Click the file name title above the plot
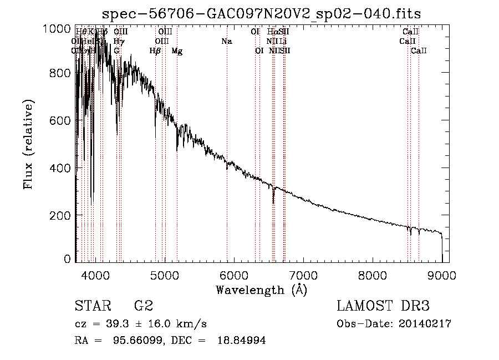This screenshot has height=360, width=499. [262, 14]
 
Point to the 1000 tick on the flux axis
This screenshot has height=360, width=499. [57, 28]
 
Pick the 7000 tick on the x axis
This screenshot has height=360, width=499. [303, 275]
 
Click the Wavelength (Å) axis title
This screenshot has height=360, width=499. [261, 290]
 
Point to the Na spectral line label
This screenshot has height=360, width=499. [226, 42]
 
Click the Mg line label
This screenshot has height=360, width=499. [177, 51]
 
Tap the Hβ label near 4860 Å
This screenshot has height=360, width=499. [155, 51]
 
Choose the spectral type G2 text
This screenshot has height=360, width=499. [144, 306]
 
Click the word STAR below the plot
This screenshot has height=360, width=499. [92, 306]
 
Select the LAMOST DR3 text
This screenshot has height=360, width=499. [383, 306]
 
